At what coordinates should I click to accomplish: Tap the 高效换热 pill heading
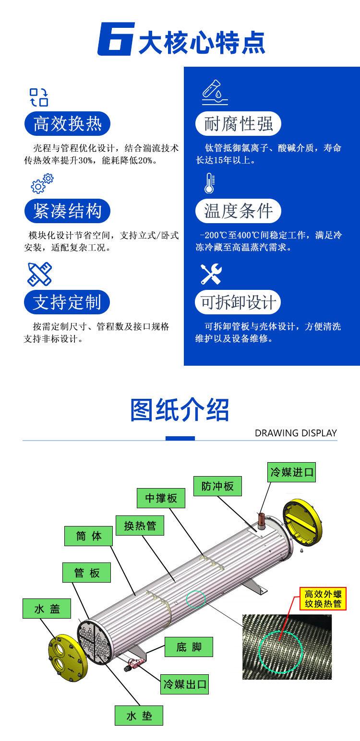point(67,124)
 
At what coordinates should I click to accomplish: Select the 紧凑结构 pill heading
point(67,211)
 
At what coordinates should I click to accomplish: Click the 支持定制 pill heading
point(67,302)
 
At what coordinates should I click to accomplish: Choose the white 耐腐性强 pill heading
point(239,124)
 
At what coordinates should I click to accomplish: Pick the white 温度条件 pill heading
point(239,211)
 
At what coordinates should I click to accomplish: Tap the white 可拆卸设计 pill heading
point(239,302)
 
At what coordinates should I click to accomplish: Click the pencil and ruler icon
point(39,274)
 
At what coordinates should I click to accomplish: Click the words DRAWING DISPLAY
point(296,433)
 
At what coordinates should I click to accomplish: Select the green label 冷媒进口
point(291,472)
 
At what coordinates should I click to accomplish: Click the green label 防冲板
point(217,486)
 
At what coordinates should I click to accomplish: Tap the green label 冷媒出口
point(185,684)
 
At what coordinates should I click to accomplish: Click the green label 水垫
point(139,717)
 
